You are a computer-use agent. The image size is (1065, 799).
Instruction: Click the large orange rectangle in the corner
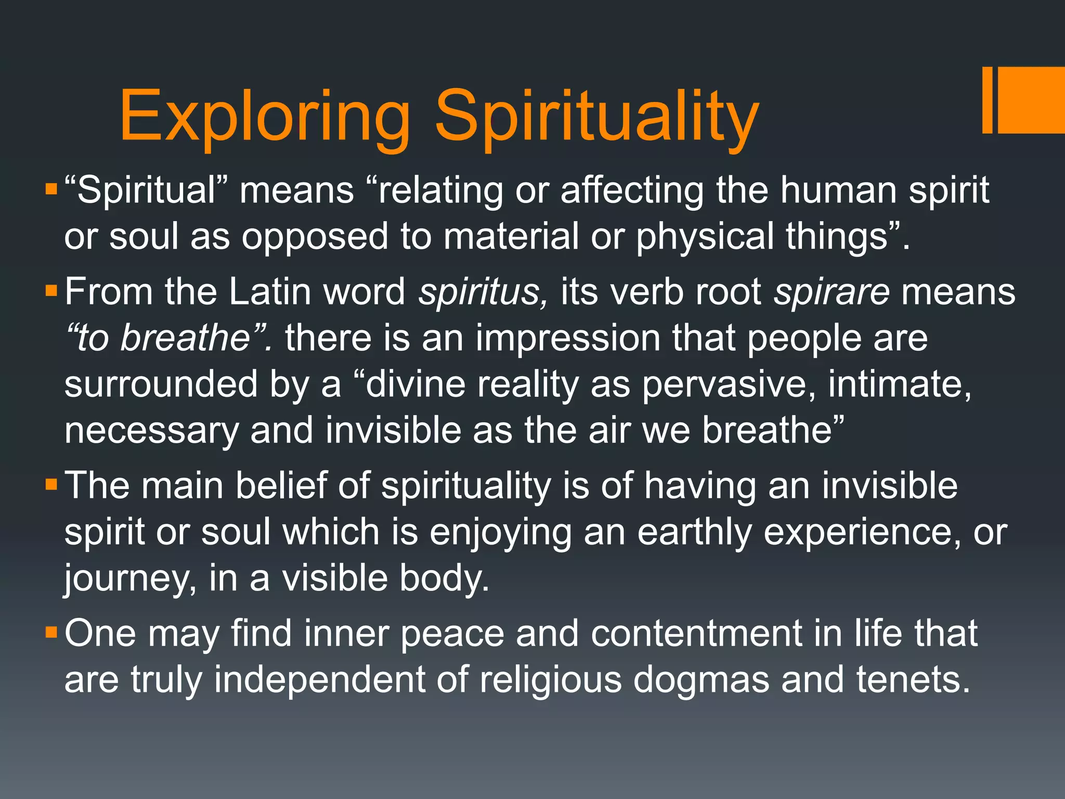coord(1032,100)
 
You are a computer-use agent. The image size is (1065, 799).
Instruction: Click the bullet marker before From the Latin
coord(51,290)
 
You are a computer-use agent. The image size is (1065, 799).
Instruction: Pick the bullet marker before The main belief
coord(51,485)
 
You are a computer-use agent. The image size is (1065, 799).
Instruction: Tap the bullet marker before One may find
coord(51,633)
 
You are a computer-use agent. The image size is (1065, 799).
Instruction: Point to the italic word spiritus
coord(483,291)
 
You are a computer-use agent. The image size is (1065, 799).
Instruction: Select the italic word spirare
coord(832,291)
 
